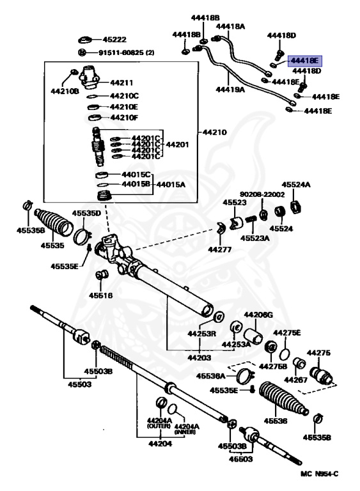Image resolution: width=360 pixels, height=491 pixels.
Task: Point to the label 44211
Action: coord(121,83)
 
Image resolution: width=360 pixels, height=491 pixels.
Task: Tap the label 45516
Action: coord(100,295)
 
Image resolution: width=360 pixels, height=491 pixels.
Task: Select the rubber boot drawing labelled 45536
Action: coord(284,402)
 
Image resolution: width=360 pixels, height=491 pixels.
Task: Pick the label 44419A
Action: coord(230,90)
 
